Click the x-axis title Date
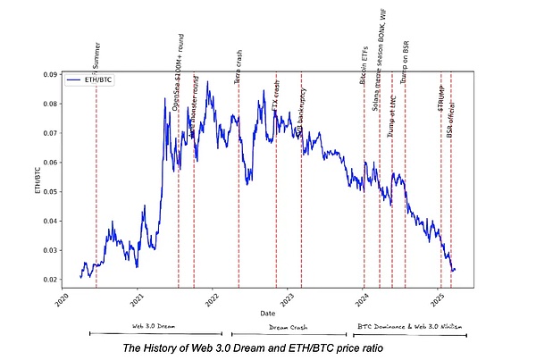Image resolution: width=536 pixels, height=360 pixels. [268, 314]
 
